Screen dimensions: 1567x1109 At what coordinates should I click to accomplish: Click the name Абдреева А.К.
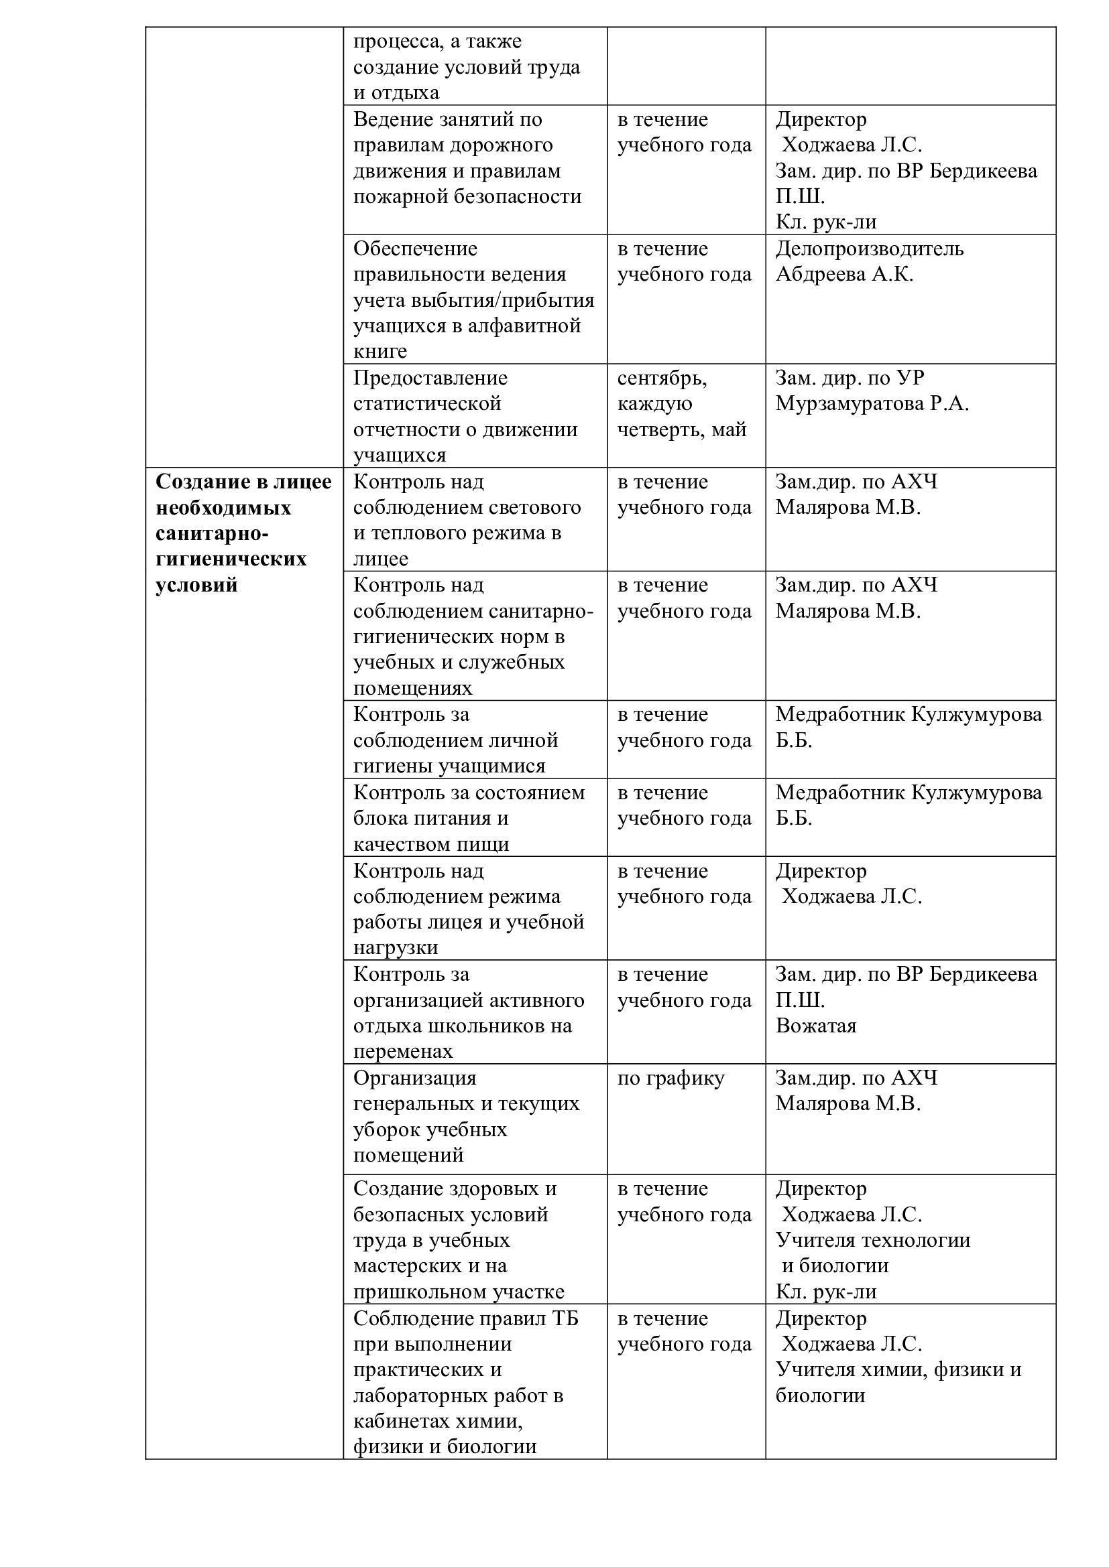pyautogui.click(x=844, y=275)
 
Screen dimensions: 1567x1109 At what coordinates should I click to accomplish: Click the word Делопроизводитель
pyautogui.click(x=870, y=249)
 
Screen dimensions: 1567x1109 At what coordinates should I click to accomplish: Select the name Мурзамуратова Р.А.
pyautogui.click(x=872, y=403)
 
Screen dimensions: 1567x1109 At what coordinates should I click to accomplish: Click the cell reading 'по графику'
pyautogui.click(x=670, y=1079)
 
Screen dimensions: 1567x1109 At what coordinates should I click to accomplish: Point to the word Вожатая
pyautogui.click(x=815, y=1026)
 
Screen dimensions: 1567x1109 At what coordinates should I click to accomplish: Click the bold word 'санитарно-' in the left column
pyautogui.click(x=212, y=533)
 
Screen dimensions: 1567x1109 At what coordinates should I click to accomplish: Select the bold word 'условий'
pyautogui.click(x=196, y=585)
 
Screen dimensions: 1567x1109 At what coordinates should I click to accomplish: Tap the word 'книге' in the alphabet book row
pyautogui.click(x=380, y=352)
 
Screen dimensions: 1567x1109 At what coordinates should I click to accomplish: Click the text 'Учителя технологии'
pyautogui.click(x=873, y=1240)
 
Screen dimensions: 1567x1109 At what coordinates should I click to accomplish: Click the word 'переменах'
pyautogui.click(x=403, y=1052)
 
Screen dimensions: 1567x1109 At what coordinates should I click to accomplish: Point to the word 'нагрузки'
pyautogui.click(x=396, y=948)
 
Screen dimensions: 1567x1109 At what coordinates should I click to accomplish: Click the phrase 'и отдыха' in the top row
pyautogui.click(x=396, y=93)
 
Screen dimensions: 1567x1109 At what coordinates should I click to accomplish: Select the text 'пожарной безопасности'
pyautogui.click(x=467, y=196)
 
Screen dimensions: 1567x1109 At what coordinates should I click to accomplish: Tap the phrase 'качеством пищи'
pyautogui.click(x=431, y=844)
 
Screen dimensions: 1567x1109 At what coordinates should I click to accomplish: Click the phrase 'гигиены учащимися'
pyautogui.click(x=449, y=766)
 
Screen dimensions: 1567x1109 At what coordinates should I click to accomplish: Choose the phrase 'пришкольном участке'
pyautogui.click(x=459, y=1292)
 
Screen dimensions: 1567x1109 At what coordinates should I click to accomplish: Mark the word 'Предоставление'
pyautogui.click(x=430, y=378)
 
